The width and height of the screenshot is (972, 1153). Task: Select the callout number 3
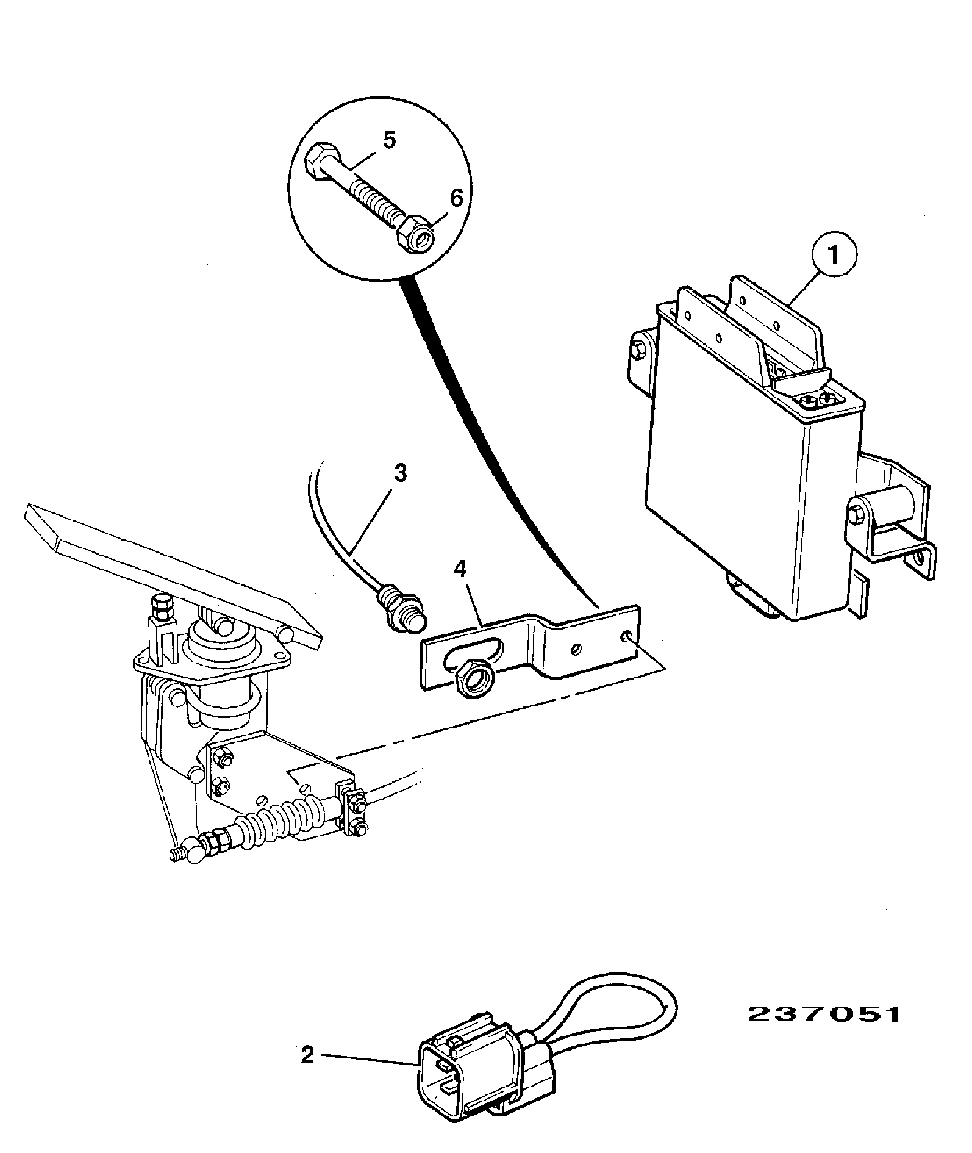point(399,473)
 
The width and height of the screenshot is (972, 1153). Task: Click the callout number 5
point(390,140)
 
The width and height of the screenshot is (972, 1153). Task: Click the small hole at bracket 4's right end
point(626,636)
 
